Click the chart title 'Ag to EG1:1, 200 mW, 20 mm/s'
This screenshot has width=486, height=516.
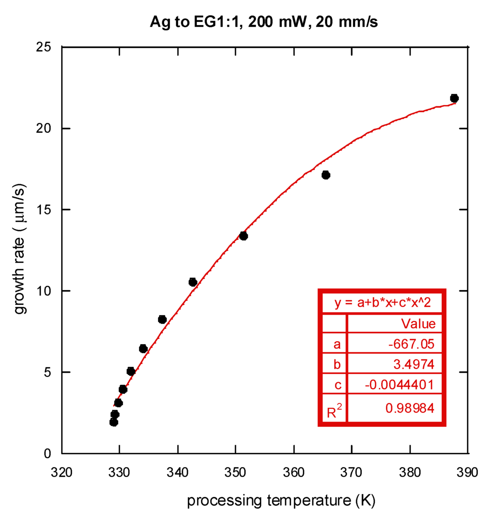tap(264, 22)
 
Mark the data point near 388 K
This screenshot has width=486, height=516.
tap(454, 98)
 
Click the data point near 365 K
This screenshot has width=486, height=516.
tap(326, 175)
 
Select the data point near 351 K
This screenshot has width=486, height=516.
tap(243, 236)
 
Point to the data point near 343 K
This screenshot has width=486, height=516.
tap(193, 282)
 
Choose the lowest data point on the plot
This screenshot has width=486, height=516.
tap(113, 422)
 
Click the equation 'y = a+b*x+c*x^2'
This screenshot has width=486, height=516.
tap(382, 302)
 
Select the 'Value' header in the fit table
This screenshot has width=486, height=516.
tap(418, 324)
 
